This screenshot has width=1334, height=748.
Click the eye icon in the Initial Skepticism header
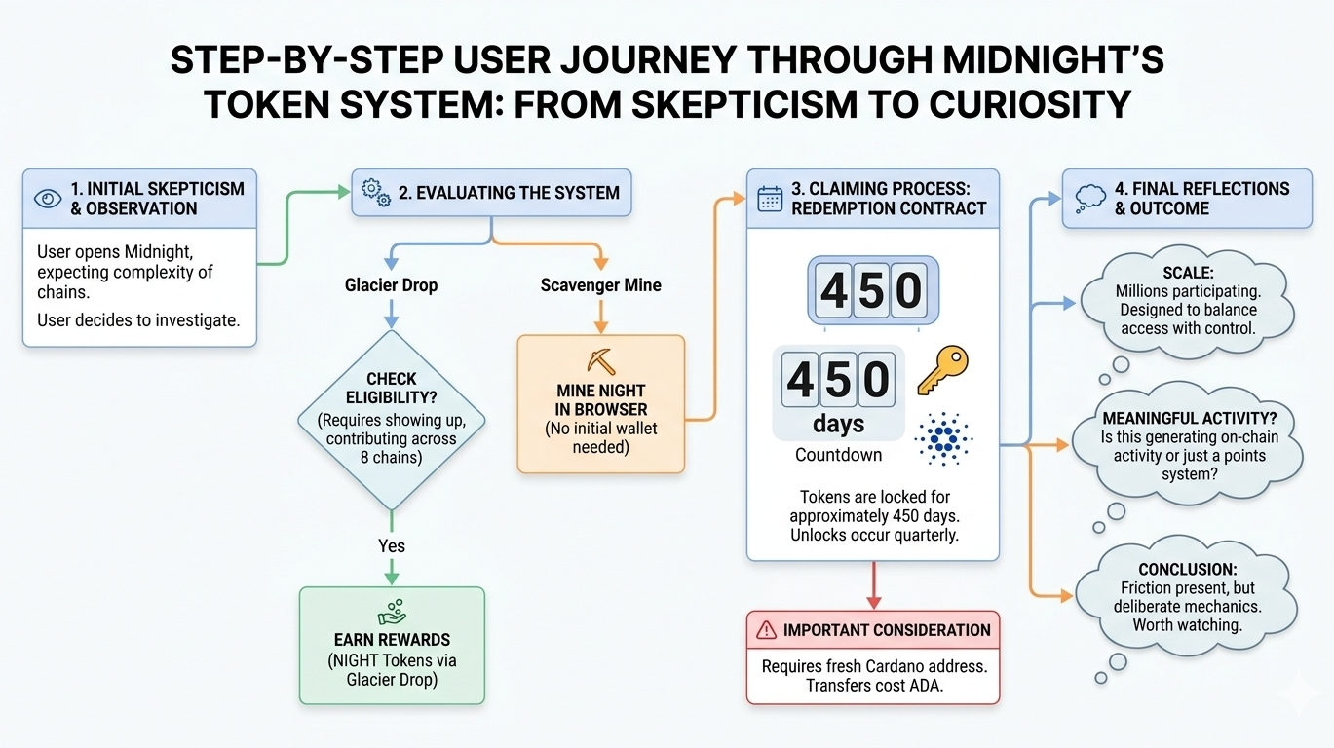click(x=48, y=198)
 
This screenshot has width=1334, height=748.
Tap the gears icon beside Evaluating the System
click(x=376, y=192)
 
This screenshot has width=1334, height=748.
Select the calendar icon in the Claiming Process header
click(x=770, y=199)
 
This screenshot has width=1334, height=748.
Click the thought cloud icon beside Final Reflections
click(x=1090, y=199)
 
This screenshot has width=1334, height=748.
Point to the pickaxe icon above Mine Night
click(x=601, y=361)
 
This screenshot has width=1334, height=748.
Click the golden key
click(x=942, y=369)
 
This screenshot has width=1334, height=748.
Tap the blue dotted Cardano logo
click(x=943, y=439)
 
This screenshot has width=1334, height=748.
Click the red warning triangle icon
click(x=766, y=629)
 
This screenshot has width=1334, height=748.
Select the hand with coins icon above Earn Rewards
click(x=392, y=612)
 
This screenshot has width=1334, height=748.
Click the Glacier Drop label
click(x=392, y=285)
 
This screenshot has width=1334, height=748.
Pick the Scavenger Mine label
click(x=601, y=285)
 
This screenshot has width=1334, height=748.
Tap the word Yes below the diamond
click(x=392, y=545)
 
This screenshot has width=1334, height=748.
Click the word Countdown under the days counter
click(x=839, y=455)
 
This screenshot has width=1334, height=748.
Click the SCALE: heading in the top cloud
click(x=1188, y=273)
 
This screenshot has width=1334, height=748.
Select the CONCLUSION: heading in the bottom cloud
click(x=1188, y=570)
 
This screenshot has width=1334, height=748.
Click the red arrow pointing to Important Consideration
click(x=874, y=585)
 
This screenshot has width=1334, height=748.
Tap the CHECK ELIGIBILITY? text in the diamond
click(x=392, y=388)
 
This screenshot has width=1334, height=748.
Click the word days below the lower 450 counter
click(x=839, y=424)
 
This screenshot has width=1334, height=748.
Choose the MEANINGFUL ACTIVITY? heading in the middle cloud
click(x=1189, y=419)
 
